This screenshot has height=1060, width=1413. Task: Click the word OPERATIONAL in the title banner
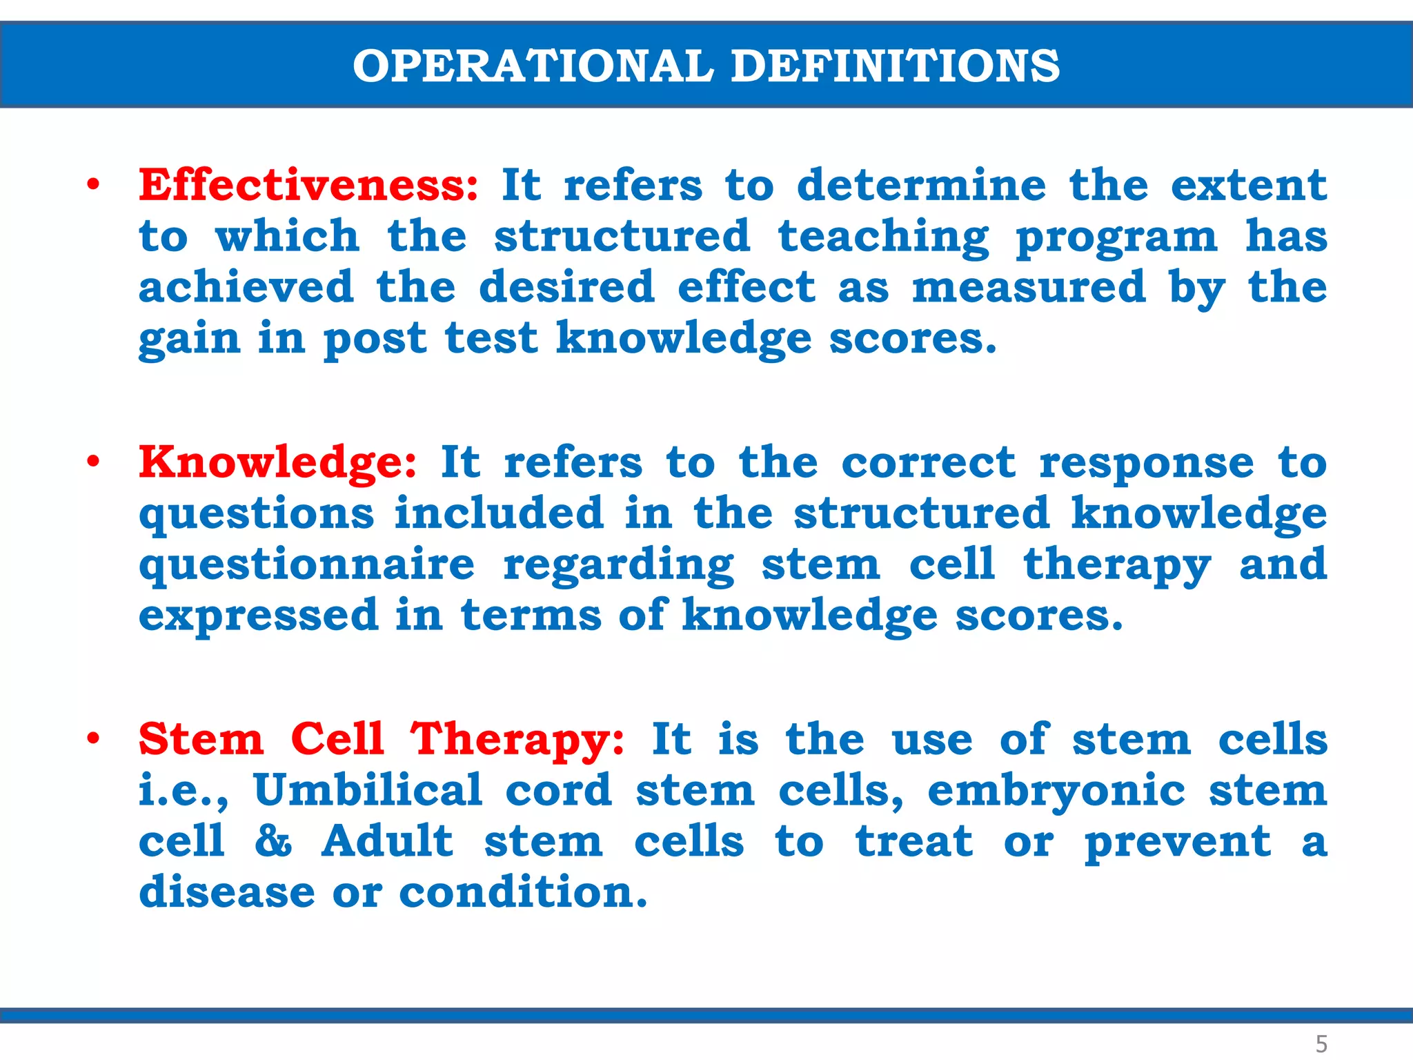533,66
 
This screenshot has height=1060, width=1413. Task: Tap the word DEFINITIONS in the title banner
895,66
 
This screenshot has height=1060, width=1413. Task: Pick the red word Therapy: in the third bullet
517,740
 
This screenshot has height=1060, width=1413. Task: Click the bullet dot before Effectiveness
93,185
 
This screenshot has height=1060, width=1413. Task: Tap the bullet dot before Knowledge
93,462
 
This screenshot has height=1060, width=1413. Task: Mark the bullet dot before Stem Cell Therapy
93,739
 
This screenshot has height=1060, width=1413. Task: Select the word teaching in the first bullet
883,237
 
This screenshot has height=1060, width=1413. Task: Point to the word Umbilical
368,790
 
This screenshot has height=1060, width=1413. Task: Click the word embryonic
1056,792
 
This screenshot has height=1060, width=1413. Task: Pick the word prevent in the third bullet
1177,842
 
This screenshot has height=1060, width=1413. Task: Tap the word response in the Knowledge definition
1146,463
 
